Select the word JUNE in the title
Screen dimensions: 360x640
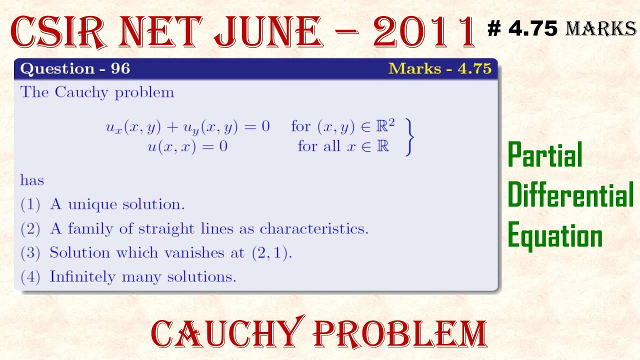(266, 32)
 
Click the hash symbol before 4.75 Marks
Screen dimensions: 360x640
(494, 29)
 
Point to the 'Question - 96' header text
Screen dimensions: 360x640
(75, 68)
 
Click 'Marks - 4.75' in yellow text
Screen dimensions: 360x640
(440, 68)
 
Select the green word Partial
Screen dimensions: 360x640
(545, 156)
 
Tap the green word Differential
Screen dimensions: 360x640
(570, 195)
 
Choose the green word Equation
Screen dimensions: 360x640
(555, 235)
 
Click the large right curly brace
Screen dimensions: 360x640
(409, 137)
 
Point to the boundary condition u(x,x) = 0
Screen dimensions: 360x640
(187, 147)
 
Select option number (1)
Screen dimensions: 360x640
(30, 204)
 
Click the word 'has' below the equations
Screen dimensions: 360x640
(32, 180)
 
